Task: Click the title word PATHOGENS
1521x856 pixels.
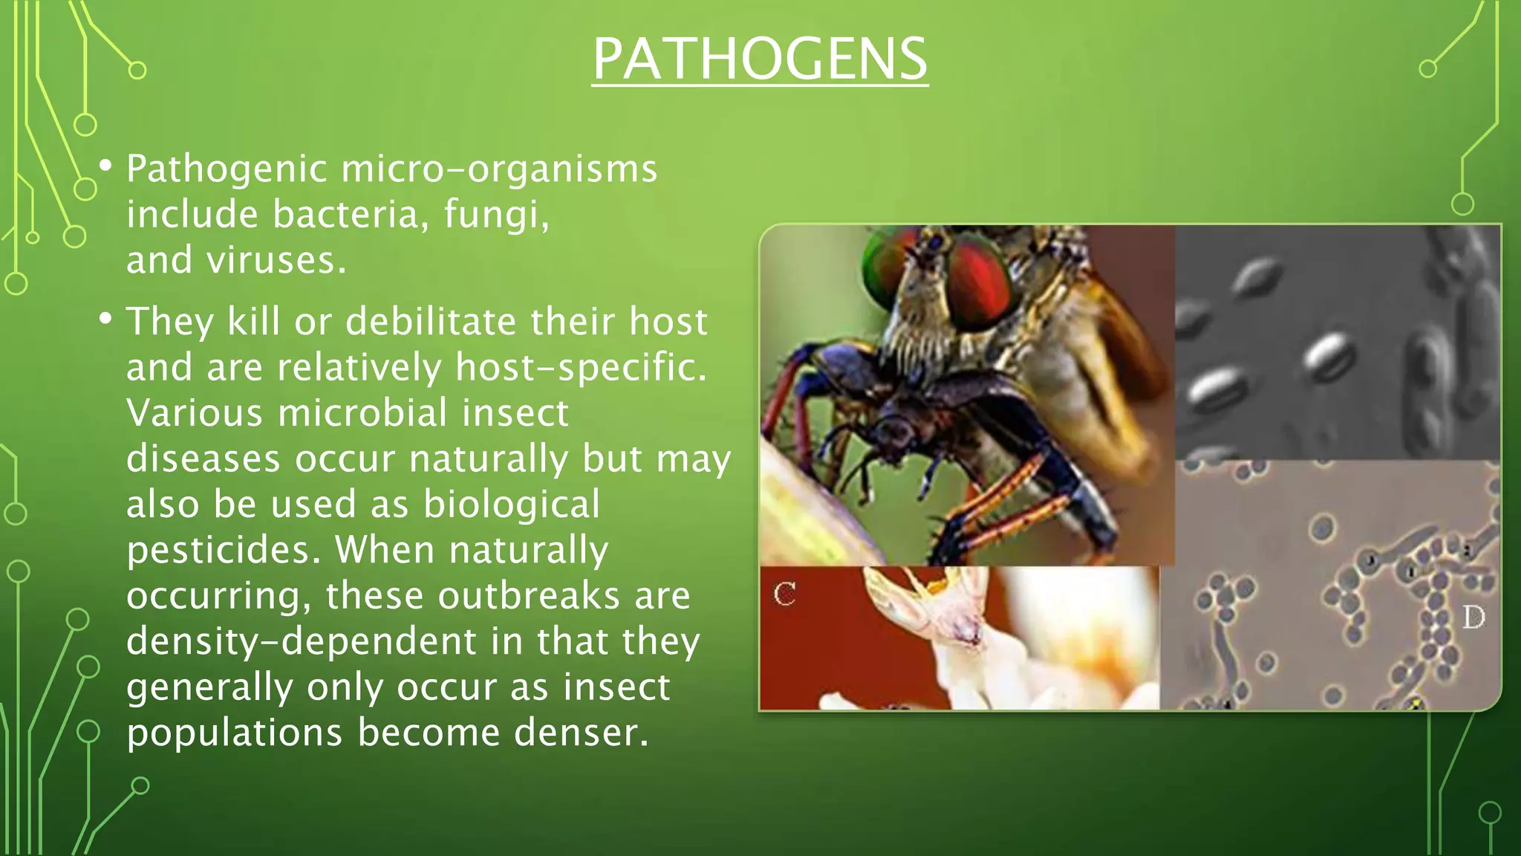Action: (x=760, y=59)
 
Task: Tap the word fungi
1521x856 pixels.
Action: (x=496, y=215)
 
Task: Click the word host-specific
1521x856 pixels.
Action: (x=581, y=368)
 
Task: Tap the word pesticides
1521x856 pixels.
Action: (x=224, y=551)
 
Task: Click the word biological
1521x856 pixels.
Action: (x=511, y=505)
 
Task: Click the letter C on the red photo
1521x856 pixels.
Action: (x=784, y=594)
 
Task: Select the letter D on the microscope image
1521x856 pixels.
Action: (x=1473, y=617)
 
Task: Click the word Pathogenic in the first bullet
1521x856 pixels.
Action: (x=227, y=169)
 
